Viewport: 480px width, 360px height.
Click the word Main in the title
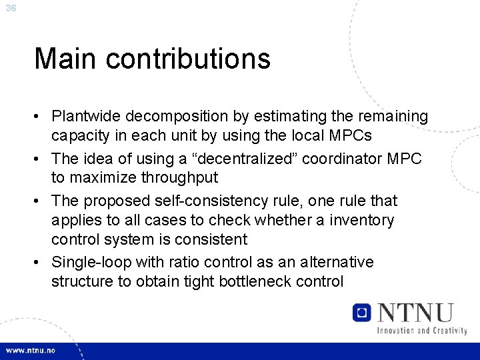point(65,59)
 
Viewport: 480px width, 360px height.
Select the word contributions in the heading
point(188,59)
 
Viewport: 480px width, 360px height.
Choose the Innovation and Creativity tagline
point(421,330)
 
